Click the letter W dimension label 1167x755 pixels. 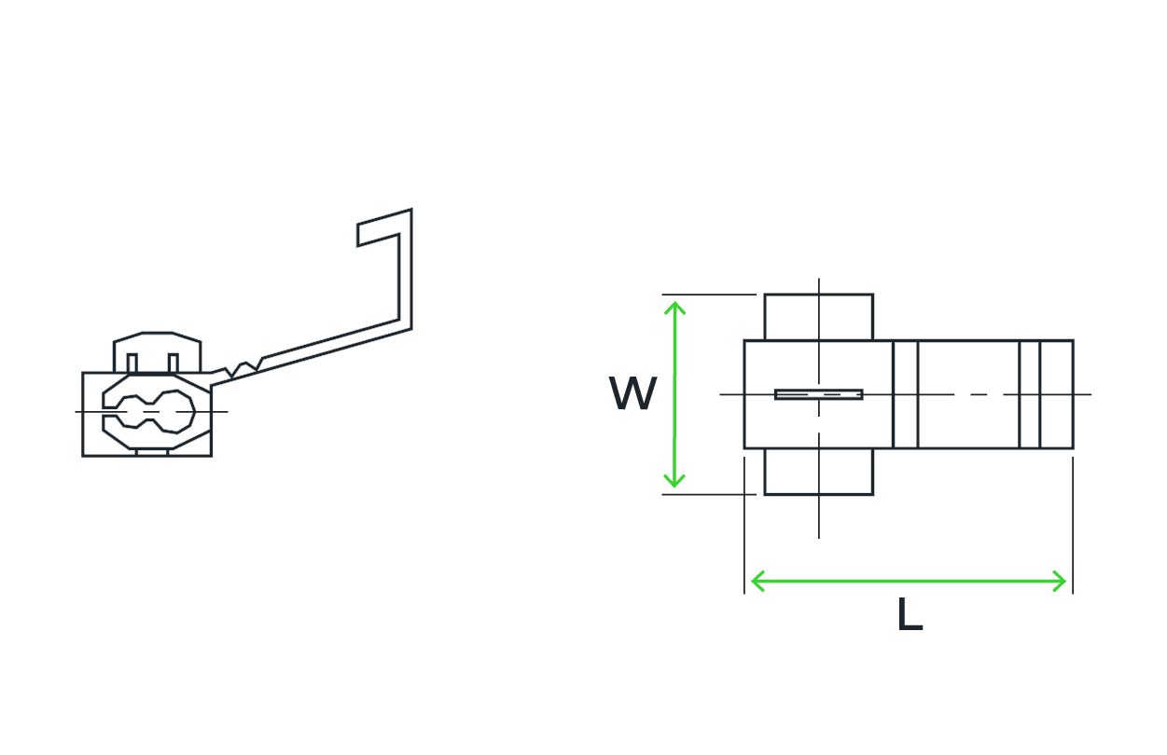point(633,393)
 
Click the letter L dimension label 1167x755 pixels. point(910,614)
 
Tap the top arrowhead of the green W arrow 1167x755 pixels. point(674,308)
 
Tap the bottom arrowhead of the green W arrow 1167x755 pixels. point(674,481)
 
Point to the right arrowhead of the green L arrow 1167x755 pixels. point(1060,581)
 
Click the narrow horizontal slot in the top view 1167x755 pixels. point(818,394)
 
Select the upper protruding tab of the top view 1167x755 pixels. point(818,317)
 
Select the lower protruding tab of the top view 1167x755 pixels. point(818,472)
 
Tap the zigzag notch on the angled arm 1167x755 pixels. point(243,368)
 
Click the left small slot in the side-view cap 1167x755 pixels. point(132,364)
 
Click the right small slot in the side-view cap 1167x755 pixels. point(174,364)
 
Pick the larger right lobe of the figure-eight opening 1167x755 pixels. point(175,411)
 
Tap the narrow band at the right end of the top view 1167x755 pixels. point(1057,394)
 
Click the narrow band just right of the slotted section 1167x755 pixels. point(906,394)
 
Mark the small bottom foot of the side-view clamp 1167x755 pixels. point(152,452)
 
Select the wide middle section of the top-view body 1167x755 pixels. point(968,394)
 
